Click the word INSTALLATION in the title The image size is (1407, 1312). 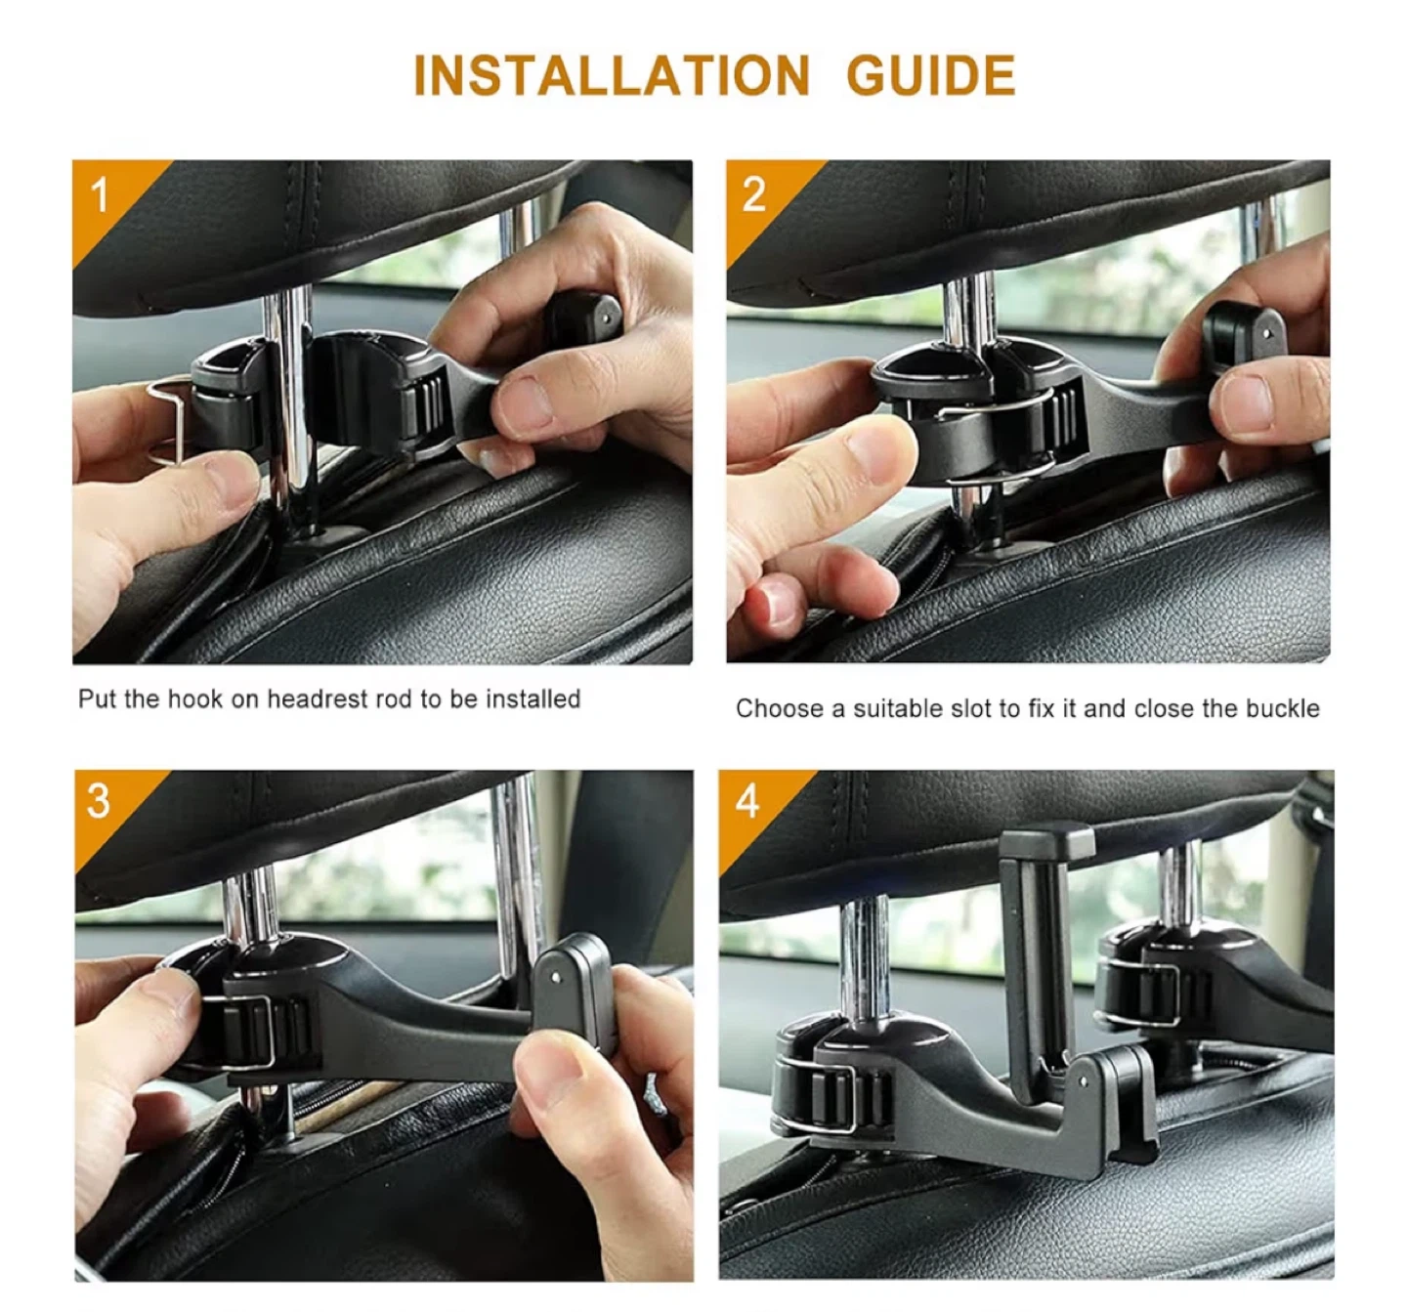click(612, 75)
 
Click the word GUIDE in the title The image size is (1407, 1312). click(931, 75)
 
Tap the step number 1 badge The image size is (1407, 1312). click(101, 194)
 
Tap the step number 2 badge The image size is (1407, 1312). click(754, 194)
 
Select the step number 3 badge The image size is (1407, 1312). click(100, 803)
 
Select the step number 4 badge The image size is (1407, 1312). click(747, 803)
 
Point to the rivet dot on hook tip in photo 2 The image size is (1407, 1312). click(1267, 331)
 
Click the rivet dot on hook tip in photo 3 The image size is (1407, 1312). click(555, 978)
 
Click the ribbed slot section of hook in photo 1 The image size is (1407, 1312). click(425, 407)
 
